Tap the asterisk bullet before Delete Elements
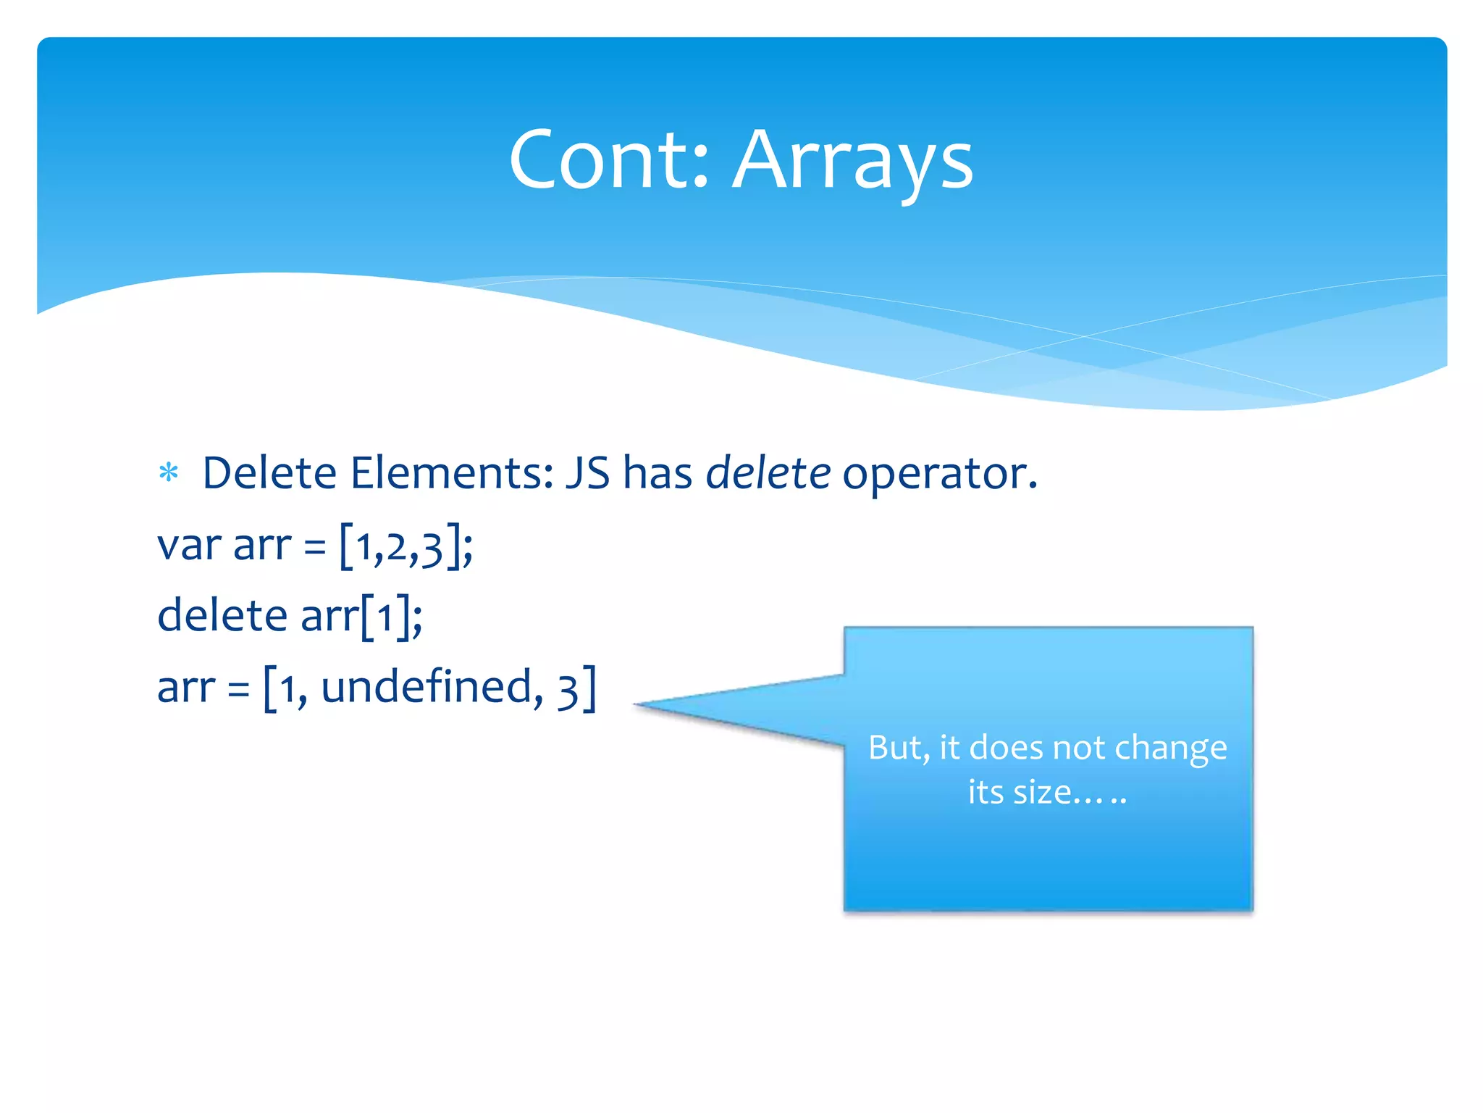click(169, 474)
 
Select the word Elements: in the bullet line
click(452, 473)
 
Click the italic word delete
click(768, 473)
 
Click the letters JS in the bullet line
click(587, 473)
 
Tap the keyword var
click(188, 545)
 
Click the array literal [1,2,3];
click(406, 546)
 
